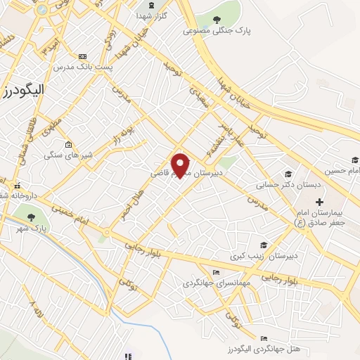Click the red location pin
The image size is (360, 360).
point(181,165)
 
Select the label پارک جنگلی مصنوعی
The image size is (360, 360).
point(217,31)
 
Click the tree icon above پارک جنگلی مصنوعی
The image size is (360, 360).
point(217,20)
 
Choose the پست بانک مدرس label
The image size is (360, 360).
point(83,66)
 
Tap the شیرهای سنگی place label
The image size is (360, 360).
point(67,155)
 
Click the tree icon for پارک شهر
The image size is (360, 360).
point(31,214)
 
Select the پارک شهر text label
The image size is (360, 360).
point(49,228)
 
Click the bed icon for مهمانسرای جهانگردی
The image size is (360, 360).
point(215,273)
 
